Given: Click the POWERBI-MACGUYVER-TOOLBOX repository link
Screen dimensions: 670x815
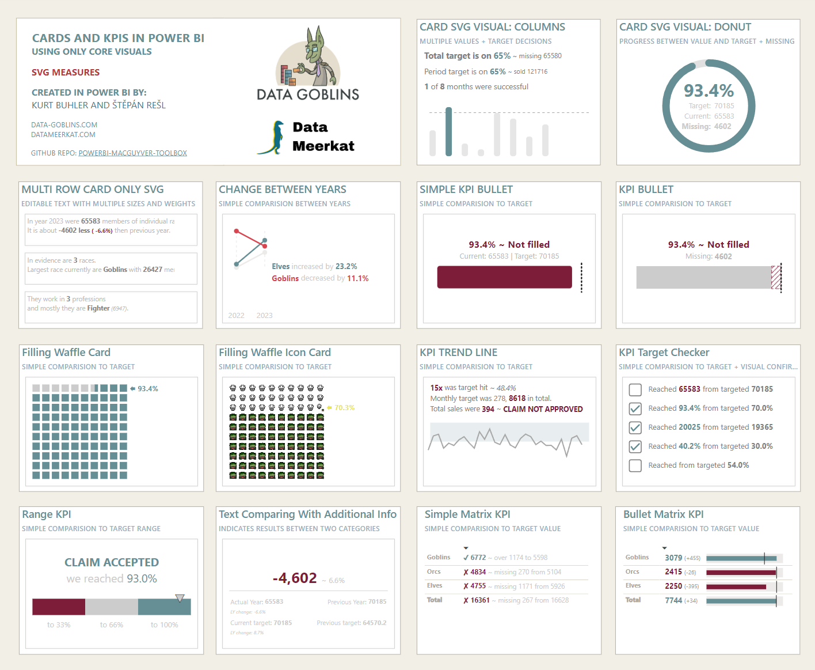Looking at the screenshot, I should click(x=132, y=153).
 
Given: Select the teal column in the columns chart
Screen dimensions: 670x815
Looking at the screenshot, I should click(x=448, y=132).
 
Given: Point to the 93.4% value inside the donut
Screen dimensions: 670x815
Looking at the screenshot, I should click(x=709, y=91).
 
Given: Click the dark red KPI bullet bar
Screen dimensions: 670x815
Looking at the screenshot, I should click(x=504, y=277).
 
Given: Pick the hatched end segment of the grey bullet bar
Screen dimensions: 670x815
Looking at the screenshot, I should click(x=776, y=277).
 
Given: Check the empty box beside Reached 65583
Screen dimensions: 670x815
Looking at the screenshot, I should click(x=635, y=390).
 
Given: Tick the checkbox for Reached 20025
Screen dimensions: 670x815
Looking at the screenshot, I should click(x=635, y=428).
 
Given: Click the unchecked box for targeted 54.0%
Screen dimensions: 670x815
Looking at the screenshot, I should click(x=635, y=465).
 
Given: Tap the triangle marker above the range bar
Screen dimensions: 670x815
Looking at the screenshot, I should click(x=180, y=598).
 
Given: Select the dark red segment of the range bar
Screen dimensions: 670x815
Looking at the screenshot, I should click(x=59, y=607).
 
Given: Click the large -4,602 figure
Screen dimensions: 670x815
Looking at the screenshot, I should click(x=295, y=578).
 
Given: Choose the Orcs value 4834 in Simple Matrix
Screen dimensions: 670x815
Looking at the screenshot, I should click(x=478, y=572).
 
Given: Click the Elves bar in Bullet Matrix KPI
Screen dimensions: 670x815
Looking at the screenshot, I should click(x=736, y=586).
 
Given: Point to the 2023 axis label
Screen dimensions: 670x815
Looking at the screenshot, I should click(x=264, y=316).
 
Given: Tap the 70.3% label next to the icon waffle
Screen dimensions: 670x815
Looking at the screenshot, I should click(x=344, y=408).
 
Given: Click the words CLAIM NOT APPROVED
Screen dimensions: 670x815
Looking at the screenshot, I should click(x=543, y=410).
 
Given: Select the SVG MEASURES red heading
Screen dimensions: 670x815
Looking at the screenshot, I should click(x=66, y=73).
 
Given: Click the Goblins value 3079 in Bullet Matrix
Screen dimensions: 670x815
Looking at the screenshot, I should click(x=673, y=558).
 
